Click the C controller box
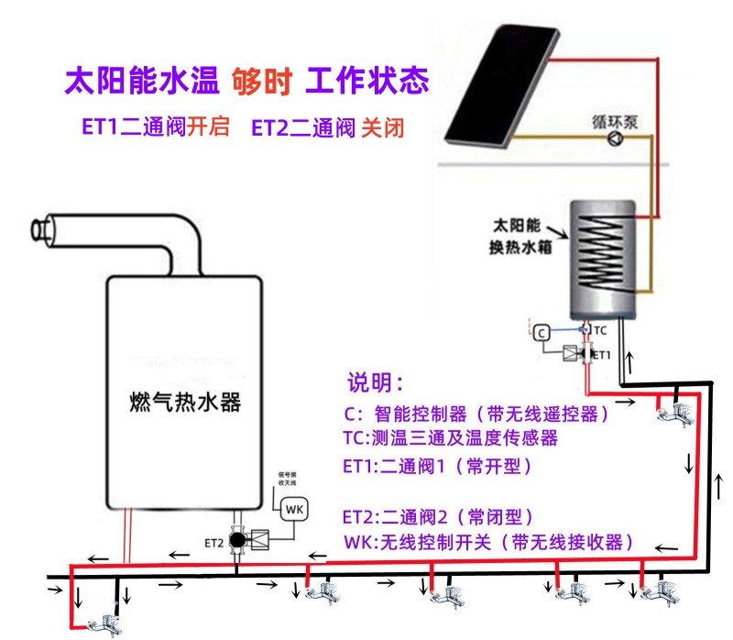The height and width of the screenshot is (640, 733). pyautogui.click(x=542, y=332)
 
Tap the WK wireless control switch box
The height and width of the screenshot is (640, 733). pyautogui.click(x=294, y=508)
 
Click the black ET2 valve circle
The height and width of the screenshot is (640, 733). pyautogui.click(x=238, y=540)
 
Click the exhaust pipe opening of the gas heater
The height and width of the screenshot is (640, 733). pyautogui.click(x=38, y=228)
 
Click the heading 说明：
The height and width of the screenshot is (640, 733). pyautogui.click(x=375, y=381)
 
